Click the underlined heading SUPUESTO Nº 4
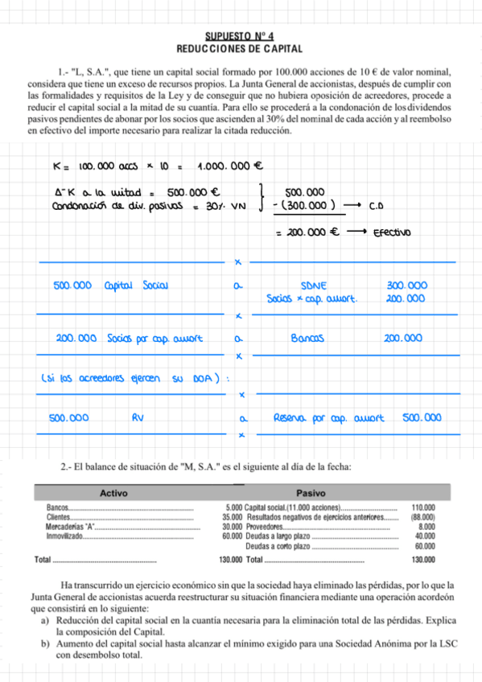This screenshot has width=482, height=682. point(240,35)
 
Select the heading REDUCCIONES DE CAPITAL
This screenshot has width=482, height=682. point(240,47)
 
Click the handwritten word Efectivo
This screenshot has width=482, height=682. point(392,233)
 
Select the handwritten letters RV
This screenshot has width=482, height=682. point(137,418)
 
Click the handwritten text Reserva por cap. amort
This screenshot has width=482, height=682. point(328,418)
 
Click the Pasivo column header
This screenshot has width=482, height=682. point(311,492)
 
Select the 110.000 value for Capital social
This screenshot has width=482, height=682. point(423,508)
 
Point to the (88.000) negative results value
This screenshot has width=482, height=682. point(422,517)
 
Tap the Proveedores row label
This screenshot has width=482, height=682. point(266,527)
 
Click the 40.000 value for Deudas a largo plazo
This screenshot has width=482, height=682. point(425,536)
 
